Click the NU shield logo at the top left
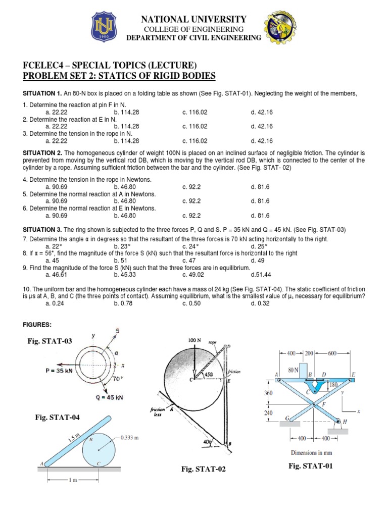(106, 28)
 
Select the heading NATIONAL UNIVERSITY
(193, 19)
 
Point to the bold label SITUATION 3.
(41, 230)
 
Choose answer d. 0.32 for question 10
(261, 303)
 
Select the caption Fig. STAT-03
(50, 341)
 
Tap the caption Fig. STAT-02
(204, 469)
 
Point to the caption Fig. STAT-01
(311, 466)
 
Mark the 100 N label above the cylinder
(195, 341)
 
